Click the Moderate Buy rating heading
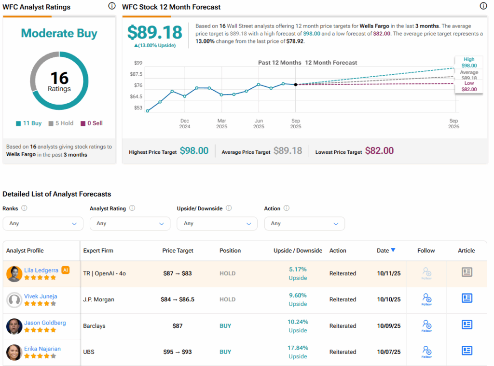coord(59,33)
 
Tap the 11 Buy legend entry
coord(28,123)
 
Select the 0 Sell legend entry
coord(92,123)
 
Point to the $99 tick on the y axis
coord(138,63)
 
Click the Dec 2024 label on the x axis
coord(185,123)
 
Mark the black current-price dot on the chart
coord(296,84)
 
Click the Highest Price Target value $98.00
coord(194,151)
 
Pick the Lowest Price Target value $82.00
coord(379,151)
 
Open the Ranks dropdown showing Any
coord(43,223)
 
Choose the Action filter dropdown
coord(304,223)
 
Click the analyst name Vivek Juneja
coord(41,296)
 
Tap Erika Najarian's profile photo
coord(14,352)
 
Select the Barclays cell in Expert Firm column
coord(94,325)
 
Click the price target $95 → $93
coord(178,352)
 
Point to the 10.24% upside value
coord(298,322)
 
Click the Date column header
coord(385,250)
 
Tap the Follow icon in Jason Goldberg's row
coord(427,325)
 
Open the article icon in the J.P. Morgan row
coord(467,298)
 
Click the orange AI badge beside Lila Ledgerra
coord(66,270)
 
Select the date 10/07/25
coord(389,352)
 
